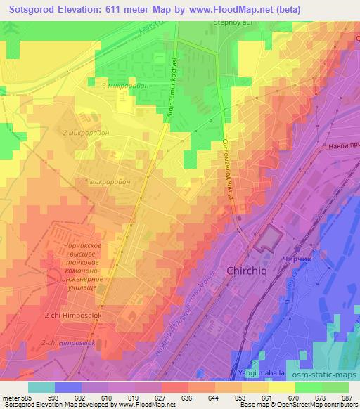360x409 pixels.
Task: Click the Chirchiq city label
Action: [249, 271]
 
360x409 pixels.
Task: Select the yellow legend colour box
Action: [281, 387]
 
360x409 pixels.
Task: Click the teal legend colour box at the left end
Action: [41, 387]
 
